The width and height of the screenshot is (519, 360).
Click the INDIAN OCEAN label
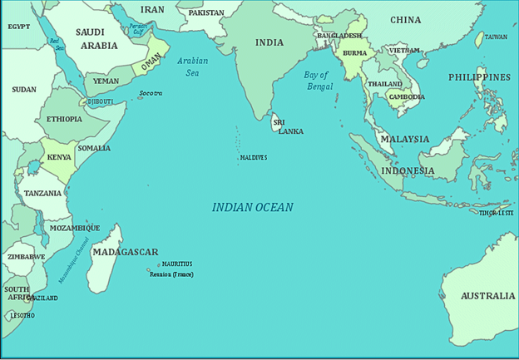click(252, 207)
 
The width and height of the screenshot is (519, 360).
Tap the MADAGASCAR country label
click(125, 252)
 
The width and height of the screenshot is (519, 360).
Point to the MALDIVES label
click(253, 157)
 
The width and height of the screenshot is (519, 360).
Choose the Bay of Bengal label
click(317, 80)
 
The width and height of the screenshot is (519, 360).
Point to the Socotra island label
click(151, 93)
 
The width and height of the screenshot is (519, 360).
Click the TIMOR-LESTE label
click(497, 213)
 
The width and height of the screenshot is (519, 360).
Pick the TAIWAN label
click(496, 37)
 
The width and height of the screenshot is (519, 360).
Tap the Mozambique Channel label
click(76, 261)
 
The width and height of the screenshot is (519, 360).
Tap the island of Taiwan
click(479, 38)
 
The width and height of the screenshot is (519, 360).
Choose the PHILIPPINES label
click(479, 77)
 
